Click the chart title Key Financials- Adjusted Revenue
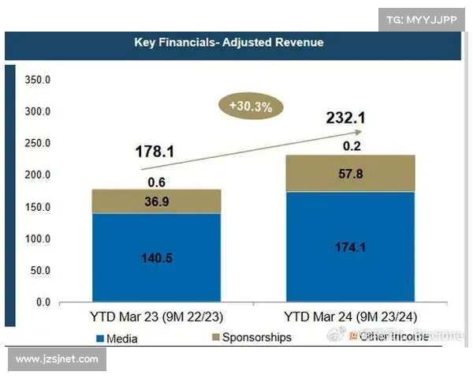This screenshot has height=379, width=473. [229, 43]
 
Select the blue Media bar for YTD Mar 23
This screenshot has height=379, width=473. [156, 257]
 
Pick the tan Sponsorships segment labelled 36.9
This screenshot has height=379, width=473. [156, 201]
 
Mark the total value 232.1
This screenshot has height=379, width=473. [346, 118]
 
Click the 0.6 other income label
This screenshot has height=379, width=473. [156, 181]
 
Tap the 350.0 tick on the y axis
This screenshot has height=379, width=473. [38, 80]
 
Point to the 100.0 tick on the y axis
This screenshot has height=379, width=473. [38, 238]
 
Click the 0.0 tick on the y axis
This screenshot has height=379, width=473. [43, 302]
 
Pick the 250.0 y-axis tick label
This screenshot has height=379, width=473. [38, 143]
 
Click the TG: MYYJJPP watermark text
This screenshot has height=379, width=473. [422, 19]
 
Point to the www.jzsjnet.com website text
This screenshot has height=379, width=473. [57, 359]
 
